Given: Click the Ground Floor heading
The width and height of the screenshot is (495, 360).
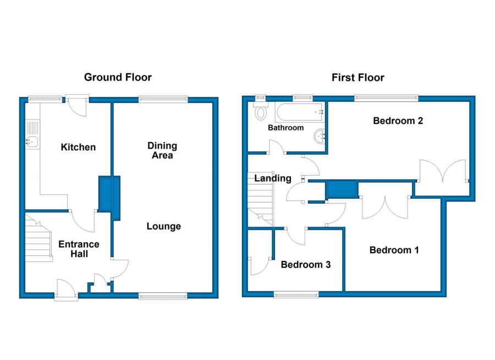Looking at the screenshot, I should pos(118,78).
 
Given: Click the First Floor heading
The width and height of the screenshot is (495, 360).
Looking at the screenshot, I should pos(358,78).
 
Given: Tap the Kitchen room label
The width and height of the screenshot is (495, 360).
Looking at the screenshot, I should pos(78,147).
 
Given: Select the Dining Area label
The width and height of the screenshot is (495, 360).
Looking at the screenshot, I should pos(162,150).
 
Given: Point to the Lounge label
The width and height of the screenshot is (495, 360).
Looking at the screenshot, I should pos(164,226).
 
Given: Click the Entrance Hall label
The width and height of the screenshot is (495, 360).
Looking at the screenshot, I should pos(79,249).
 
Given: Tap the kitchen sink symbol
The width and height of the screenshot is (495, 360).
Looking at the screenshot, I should pos(32,142).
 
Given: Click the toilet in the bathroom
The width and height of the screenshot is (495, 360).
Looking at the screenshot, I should pos(261,112).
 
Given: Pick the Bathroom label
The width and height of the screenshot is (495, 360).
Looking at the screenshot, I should pos(285,128).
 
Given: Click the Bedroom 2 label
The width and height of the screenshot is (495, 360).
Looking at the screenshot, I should pos(398,121).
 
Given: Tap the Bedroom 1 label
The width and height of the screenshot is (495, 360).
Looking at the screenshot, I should pos(394,250).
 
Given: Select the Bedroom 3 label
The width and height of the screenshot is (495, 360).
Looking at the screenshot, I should pos(305,264).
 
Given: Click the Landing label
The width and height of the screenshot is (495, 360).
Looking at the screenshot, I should pos(272,178).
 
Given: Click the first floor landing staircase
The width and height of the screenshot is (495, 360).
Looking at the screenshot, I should pos(261,204).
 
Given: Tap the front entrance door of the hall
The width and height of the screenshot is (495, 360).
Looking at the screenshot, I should pos(65,289).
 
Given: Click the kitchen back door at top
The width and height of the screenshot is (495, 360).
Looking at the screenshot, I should pos(78,106).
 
